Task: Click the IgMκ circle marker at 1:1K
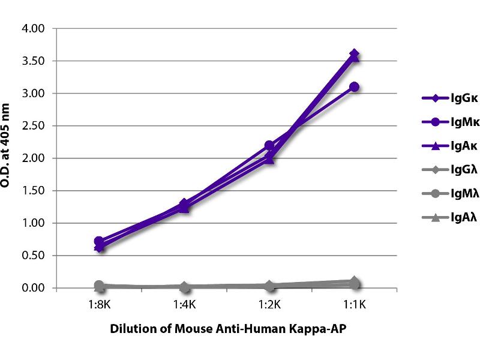click(x=354, y=87)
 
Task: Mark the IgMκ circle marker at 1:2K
click(x=269, y=145)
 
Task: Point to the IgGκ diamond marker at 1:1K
click(x=354, y=55)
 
